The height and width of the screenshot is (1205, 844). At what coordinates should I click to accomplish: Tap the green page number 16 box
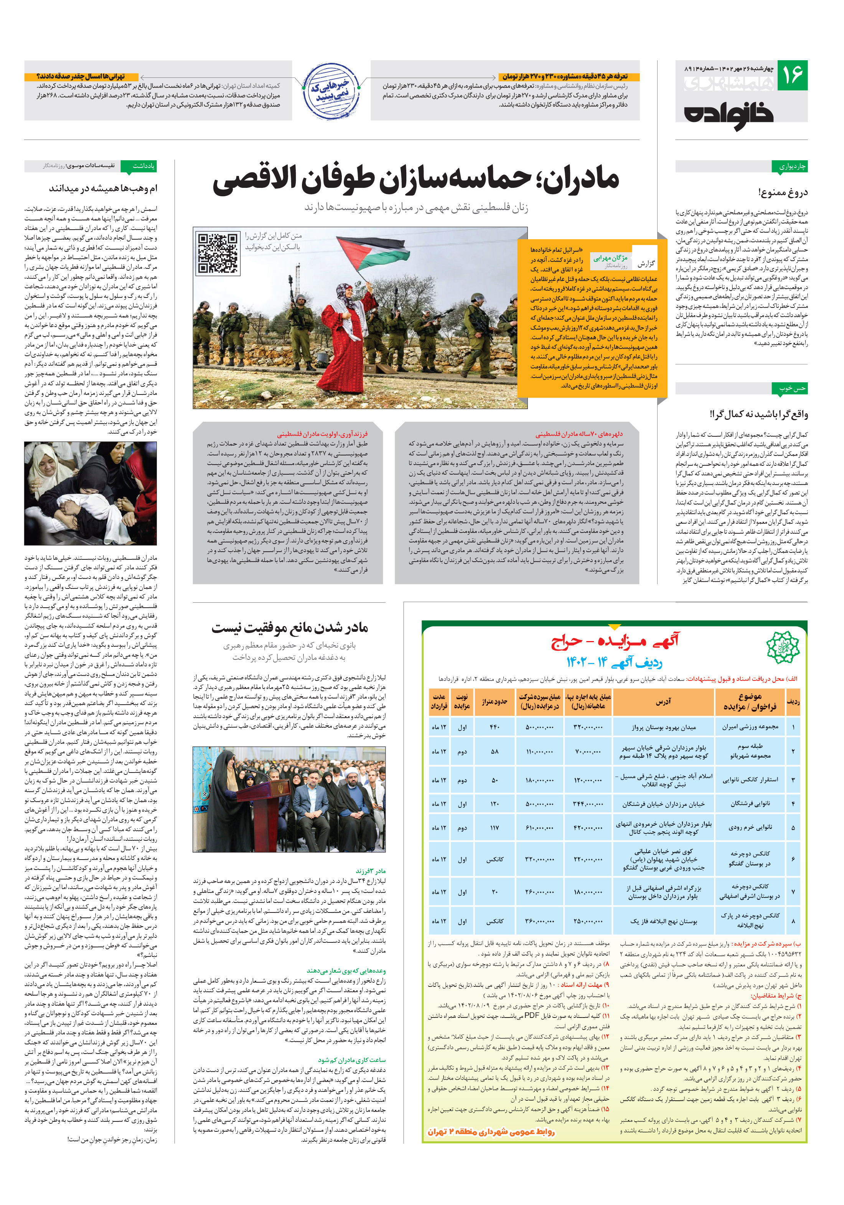coord(792,76)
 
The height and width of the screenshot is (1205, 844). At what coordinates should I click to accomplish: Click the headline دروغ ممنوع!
coord(783,192)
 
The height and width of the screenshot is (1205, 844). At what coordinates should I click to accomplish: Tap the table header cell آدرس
coord(663,702)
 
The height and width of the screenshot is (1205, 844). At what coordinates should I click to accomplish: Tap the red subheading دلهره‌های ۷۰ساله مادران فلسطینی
coord(579,434)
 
